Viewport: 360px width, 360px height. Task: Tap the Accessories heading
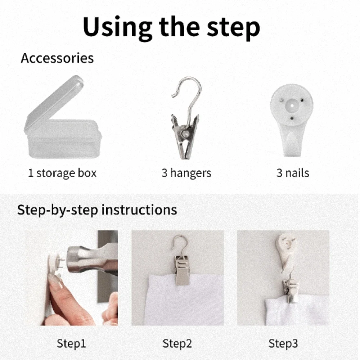57,58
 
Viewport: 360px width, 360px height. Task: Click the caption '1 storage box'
62,173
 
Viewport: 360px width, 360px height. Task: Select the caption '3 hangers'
186,173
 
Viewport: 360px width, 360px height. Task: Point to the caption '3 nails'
293,173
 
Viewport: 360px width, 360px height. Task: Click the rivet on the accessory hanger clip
185,134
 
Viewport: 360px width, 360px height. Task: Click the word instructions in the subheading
139,210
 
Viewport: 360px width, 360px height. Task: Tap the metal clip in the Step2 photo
182,270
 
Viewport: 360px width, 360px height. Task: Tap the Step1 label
71,343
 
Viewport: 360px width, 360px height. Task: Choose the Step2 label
177,343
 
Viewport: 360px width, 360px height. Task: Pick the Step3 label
283,343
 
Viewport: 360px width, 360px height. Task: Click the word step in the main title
233,29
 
